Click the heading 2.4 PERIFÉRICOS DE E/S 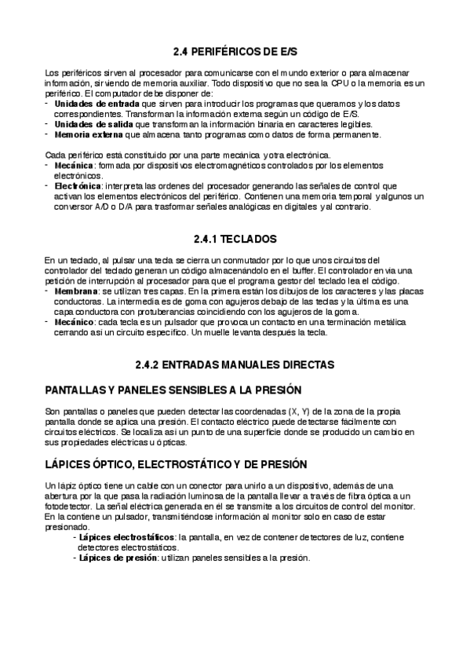click(235, 51)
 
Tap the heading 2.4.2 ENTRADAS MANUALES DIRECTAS click(235, 364)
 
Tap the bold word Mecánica click(74, 166)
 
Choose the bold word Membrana click(76, 291)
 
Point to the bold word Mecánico click(75, 322)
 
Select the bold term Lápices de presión click(113, 558)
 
